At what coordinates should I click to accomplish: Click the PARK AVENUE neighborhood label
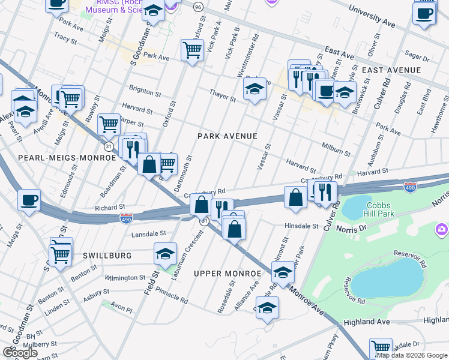[x=228, y=136]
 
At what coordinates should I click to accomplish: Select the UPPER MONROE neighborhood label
[x=228, y=274]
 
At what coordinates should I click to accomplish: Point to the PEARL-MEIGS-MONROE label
[x=67, y=157]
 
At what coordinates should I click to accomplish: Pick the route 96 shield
[x=198, y=7]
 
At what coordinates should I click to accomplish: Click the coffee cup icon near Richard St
[x=29, y=200]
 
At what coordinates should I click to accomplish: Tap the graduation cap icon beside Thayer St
[x=255, y=90]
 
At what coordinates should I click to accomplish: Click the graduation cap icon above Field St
[x=165, y=253]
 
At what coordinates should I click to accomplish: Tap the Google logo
[x=20, y=353]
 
